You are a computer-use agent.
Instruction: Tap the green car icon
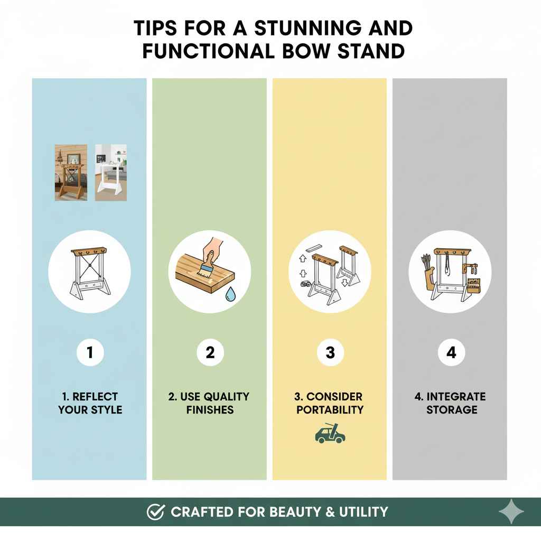[x=330, y=433]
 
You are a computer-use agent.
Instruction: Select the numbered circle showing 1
[x=89, y=352]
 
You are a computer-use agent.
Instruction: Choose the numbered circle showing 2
[x=210, y=352]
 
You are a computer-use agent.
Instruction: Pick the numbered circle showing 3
[x=330, y=352]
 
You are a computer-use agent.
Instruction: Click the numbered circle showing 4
[x=451, y=352]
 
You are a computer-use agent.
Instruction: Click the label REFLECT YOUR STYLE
[x=90, y=403]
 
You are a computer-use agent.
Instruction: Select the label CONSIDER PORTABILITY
[x=330, y=403]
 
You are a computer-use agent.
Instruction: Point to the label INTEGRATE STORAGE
[x=451, y=403]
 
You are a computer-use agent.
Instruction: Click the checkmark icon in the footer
[x=155, y=511]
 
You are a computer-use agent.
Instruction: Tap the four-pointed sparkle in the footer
[x=511, y=511]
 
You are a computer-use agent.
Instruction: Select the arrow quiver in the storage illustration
[x=428, y=272]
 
